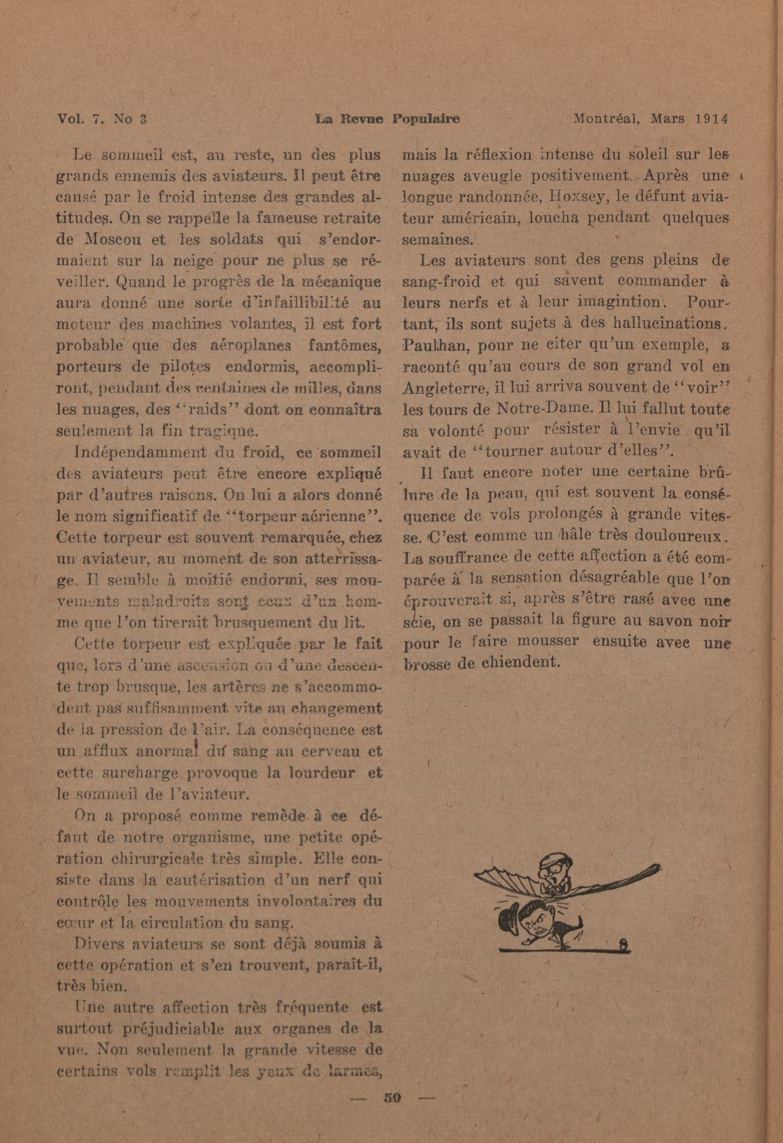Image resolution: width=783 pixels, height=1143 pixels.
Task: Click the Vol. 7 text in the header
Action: coord(79,120)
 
